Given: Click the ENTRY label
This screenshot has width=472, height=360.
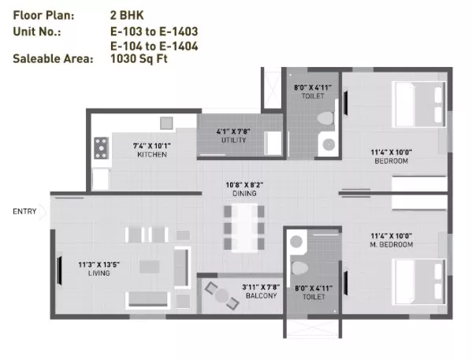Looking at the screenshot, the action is click(24, 211).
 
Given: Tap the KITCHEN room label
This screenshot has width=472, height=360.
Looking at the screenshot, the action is click(152, 154).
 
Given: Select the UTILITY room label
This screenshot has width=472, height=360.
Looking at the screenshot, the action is click(233, 140).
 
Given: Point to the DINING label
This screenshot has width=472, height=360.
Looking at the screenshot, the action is click(244, 193).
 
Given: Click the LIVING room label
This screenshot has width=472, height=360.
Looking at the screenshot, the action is click(99, 273).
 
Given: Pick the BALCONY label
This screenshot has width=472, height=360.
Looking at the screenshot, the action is click(262, 295).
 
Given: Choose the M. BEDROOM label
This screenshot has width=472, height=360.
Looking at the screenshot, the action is click(392, 244).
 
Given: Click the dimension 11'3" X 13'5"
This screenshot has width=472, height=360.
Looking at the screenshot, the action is click(99, 265).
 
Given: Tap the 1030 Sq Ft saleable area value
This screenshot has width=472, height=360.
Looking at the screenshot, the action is click(139, 58).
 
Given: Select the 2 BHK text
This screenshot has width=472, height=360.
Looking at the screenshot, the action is click(127, 15).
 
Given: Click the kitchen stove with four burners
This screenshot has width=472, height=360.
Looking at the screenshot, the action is click(102, 148).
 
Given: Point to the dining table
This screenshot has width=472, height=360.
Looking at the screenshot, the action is click(244, 228).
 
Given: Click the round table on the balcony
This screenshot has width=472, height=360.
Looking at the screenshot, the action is click(222, 295).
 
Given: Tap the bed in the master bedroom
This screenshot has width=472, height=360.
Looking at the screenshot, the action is click(420, 282).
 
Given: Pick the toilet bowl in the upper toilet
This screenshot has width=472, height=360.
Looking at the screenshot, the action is click(325, 118).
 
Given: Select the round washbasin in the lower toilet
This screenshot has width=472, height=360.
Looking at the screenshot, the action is click(296, 242).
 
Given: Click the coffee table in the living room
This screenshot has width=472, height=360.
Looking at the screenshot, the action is click(149, 267).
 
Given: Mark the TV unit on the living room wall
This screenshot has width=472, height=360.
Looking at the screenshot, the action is click(60, 270).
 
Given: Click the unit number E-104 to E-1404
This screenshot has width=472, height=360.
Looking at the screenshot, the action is click(154, 46).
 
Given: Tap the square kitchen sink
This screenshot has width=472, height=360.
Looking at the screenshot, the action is click(166, 123).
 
